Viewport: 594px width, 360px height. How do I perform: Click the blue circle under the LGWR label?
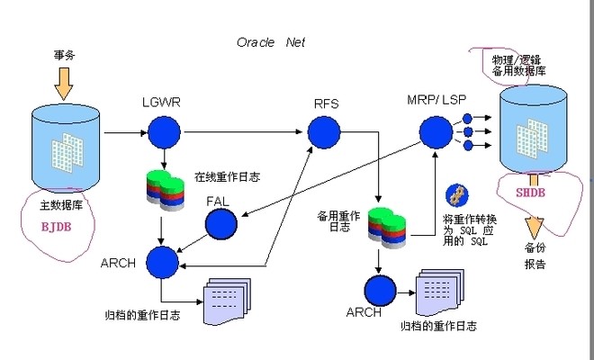click(163, 134)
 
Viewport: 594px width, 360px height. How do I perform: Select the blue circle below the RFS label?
click(324, 134)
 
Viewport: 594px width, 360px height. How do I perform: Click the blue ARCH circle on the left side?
click(163, 262)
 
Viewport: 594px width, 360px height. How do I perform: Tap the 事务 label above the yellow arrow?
click(64, 55)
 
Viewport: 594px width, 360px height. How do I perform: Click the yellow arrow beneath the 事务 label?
click(64, 84)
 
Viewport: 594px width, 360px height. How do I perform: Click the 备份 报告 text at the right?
click(534, 256)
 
